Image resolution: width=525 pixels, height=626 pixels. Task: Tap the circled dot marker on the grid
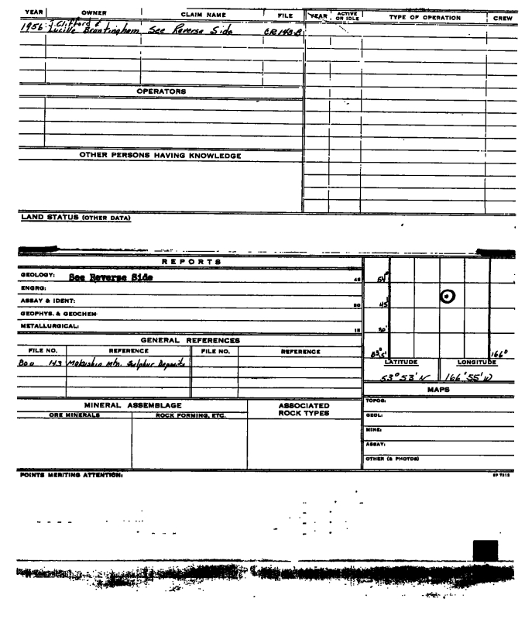point(448,295)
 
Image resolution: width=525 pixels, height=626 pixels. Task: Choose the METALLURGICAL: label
point(31,327)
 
